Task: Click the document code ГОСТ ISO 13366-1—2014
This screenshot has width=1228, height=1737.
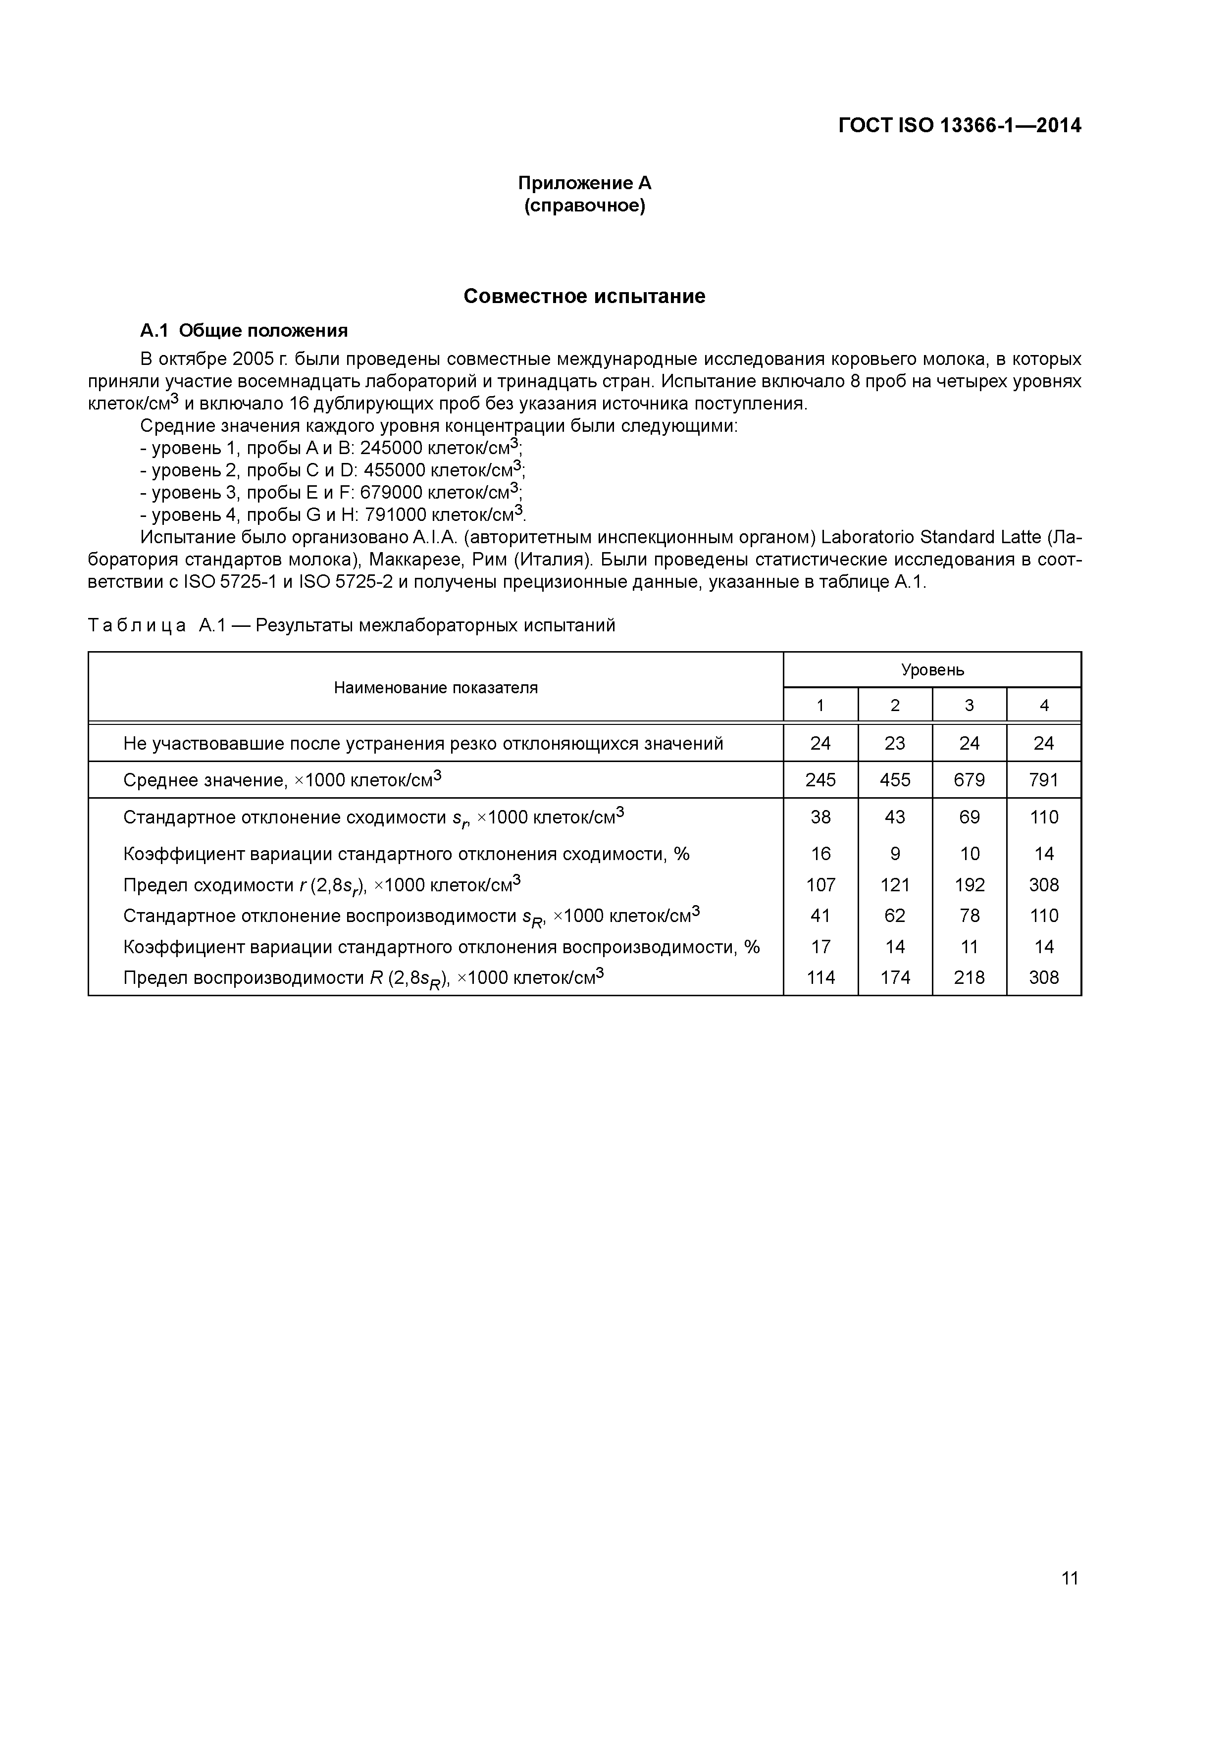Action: pyautogui.click(x=960, y=126)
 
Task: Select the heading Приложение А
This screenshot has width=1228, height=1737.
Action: pyautogui.click(x=584, y=183)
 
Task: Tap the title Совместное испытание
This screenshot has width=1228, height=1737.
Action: pyautogui.click(x=584, y=296)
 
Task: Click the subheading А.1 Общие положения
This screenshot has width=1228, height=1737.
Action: pyautogui.click(x=244, y=331)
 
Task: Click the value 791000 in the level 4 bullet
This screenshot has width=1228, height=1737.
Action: pyautogui.click(x=395, y=515)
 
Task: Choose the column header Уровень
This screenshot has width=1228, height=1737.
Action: pyautogui.click(x=932, y=669)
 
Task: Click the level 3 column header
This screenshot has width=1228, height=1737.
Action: pyautogui.click(x=969, y=705)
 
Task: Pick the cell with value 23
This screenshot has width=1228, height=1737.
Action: pyautogui.click(x=895, y=743)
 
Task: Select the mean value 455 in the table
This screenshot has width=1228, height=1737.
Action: pyautogui.click(x=895, y=780)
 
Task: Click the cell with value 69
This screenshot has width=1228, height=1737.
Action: pyautogui.click(x=969, y=817)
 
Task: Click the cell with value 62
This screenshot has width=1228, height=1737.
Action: pyautogui.click(x=895, y=916)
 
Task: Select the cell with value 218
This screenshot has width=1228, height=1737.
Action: pyautogui.click(x=969, y=977)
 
